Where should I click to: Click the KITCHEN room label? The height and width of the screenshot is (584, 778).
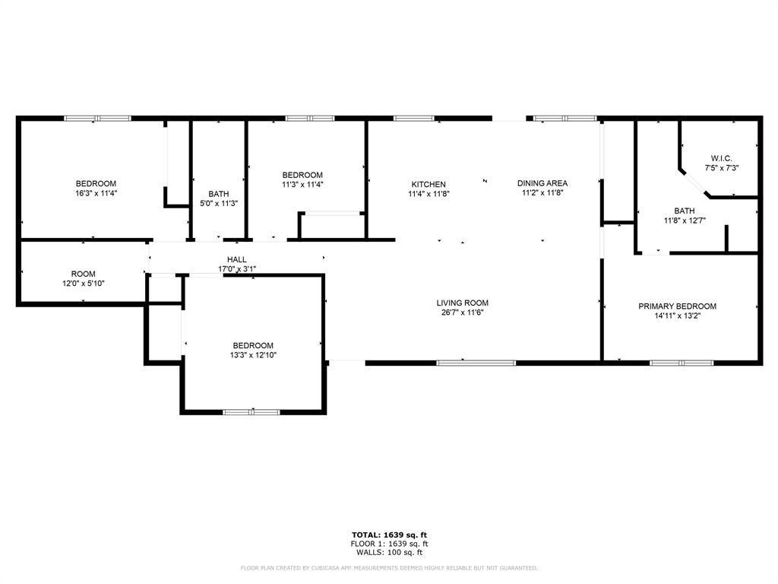pos(429,184)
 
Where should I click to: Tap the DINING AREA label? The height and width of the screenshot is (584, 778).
pos(542,183)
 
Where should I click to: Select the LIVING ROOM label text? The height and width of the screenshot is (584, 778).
pos(462,302)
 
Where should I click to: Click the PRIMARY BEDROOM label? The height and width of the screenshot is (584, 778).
pos(677,306)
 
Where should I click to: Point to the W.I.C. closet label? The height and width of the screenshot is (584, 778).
pos(721,158)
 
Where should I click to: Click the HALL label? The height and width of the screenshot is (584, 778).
pos(236,259)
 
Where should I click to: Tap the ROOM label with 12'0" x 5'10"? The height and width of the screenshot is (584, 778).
pos(84,274)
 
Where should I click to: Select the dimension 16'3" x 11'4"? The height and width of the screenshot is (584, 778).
pos(96,193)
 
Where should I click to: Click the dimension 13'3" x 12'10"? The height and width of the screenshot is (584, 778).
pos(253,354)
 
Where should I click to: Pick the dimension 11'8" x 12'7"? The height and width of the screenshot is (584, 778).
pos(684,221)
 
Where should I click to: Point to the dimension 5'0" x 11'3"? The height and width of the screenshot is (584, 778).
pos(219,203)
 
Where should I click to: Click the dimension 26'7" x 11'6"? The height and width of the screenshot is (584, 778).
pos(462,312)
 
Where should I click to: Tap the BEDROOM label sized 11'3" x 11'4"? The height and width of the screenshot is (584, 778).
pos(302,175)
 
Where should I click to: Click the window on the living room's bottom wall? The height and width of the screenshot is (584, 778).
pos(476,363)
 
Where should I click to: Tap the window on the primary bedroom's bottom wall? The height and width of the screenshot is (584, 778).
pos(682,363)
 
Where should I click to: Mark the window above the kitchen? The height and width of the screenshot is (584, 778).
pos(414,118)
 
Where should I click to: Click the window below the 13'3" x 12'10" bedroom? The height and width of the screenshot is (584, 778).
pos(251,412)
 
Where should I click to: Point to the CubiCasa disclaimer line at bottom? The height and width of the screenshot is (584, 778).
pos(389,567)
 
